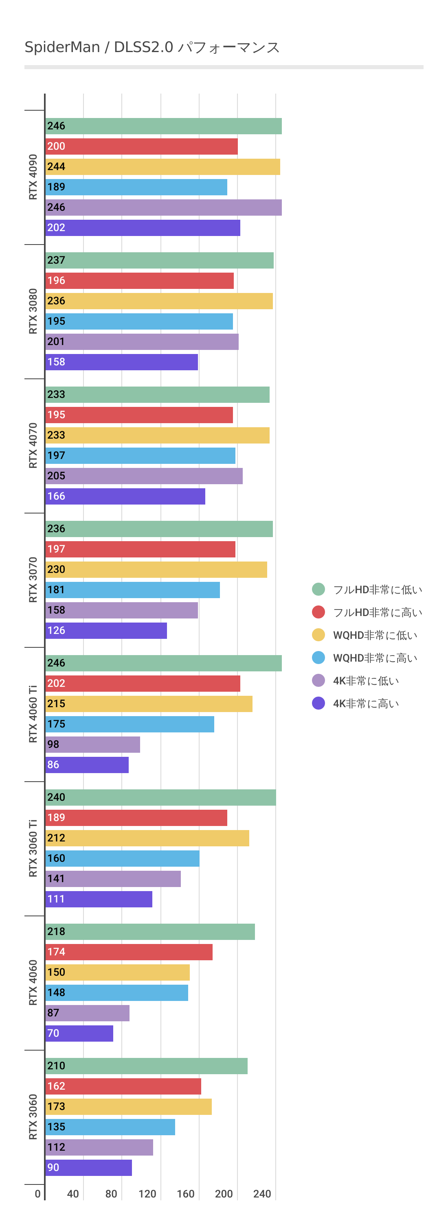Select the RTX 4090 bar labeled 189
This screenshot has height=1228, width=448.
136,187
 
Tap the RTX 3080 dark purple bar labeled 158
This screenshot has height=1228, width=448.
121,362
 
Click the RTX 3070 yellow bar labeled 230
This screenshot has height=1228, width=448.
156,569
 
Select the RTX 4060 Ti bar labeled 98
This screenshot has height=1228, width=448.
92,744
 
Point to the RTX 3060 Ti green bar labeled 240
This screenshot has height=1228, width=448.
160,797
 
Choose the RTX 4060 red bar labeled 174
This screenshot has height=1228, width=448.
129,951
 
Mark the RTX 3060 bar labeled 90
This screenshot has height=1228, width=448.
88,1167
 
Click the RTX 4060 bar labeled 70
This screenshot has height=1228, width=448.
79,1033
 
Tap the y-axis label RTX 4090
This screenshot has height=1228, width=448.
33,177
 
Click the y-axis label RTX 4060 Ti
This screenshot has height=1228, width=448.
33,714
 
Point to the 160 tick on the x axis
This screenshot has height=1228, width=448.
186,1194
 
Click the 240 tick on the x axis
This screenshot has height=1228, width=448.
262,1194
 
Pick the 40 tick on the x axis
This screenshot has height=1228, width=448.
72,1194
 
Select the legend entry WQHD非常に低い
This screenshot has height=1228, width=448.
375,635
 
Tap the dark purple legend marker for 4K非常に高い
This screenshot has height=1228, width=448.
318,703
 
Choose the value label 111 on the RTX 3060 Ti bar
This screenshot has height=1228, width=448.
56,899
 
